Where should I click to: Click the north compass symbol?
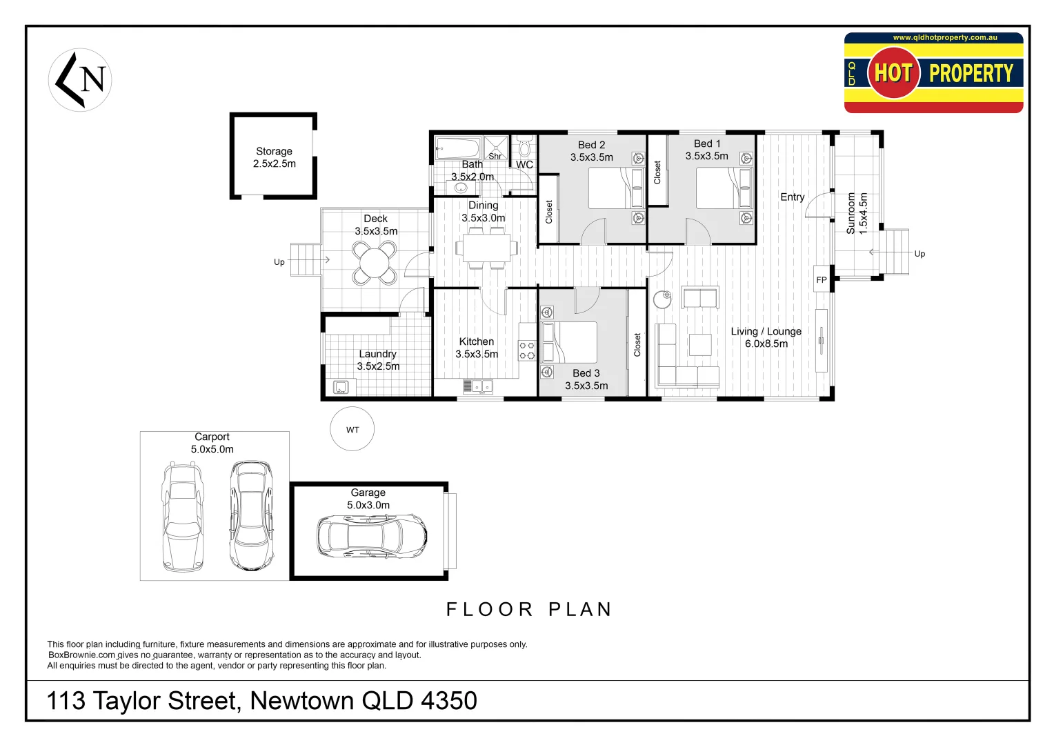point(80,80)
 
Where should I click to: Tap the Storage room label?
point(274,151)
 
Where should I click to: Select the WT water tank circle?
point(352,429)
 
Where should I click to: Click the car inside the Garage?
point(372,537)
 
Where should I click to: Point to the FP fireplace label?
point(821,280)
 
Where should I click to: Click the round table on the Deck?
point(375,263)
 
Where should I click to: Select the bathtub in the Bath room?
point(458,148)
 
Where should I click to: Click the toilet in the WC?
point(524,148)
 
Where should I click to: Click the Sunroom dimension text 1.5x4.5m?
point(863,213)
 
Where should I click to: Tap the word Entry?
point(792,197)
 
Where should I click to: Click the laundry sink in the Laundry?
point(341,387)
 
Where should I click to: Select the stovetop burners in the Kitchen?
point(526,350)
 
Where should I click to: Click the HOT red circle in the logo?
point(893,72)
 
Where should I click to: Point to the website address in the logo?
point(944,38)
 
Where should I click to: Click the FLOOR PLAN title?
point(529,609)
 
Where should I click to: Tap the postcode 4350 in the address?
point(448,701)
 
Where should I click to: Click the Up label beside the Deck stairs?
point(279,262)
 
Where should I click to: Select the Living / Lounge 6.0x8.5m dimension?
point(766,344)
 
